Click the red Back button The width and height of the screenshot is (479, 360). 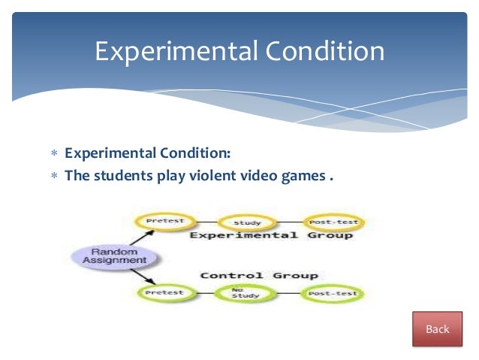[437, 329]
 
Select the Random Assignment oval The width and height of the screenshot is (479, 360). [113, 256]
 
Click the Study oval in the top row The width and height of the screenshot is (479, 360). [247, 222]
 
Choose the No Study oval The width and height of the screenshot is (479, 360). [246, 293]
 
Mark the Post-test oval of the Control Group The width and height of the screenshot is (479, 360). [331, 293]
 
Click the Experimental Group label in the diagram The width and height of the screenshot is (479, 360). [270, 236]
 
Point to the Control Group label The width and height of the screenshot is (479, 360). [258, 275]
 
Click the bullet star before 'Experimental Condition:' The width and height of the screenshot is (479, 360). [54, 154]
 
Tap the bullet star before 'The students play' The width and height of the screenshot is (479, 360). [54, 177]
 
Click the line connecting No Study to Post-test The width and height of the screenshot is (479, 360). [289, 293]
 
